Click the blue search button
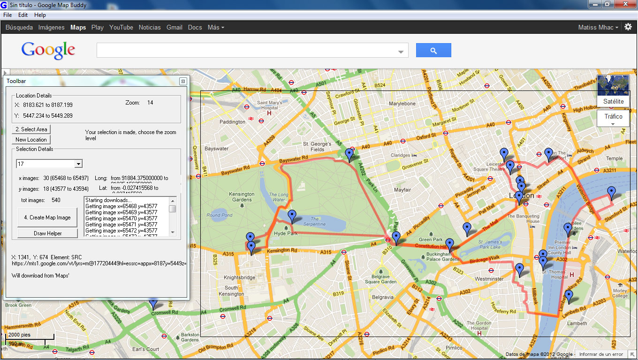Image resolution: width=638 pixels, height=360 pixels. pyautogui.click(x=433, y=50)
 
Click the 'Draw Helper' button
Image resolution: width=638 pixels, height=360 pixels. pyautogui.click(x=47, y=233)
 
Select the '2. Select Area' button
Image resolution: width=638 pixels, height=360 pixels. pyautogui.click(x=31, y=129)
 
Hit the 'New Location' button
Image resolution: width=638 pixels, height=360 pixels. pyautogui.click(x=31, y=140)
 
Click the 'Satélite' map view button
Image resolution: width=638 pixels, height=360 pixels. pyautogui.click(x=613, y=101)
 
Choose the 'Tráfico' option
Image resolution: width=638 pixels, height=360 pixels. pyautogui.click(x=613, y=117)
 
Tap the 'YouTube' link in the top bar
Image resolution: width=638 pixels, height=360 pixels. pyautogui.click(x=121, y=28)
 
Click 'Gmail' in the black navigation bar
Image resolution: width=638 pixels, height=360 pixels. pyautogui.click(x=175, y=28)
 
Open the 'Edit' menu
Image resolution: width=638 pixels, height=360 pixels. pyautogui.click(x=23, y=15)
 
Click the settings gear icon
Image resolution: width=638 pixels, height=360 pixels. pyautogui.click(x=628, y=27)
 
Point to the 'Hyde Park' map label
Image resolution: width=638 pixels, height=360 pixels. pyautogui.click(x=286, y=233)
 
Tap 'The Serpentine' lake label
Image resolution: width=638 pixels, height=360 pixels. pyautogui.click(x=314, y=221)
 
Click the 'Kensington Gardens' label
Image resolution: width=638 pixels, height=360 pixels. pyautogui.click(x=242, y=197)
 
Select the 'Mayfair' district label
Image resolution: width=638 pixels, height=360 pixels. pyautogui.click(x=403, y=190)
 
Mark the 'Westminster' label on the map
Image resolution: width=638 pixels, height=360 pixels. pyautogui.click(x=489, y=279)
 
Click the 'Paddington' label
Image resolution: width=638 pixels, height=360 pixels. pyautogui.click(x=233, y=122)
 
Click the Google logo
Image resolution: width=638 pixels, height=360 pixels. pyautogui.click(x=48, y=50)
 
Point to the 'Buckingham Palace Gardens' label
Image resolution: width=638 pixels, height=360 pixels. pyautogui.click(x=443, y=257)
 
